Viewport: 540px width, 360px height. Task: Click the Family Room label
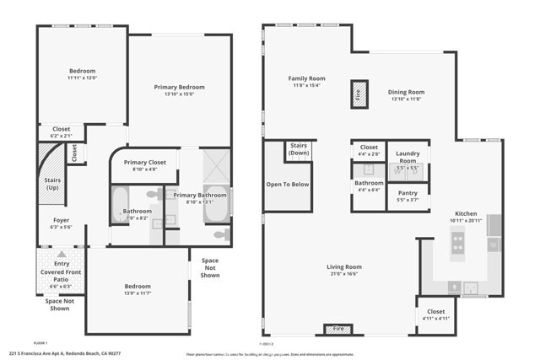tap(306, 78)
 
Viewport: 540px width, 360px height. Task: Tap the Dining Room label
tap(406, 92)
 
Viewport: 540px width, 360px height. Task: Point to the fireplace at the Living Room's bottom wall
tap(338, 329)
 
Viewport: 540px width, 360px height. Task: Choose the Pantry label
tap(408, 193)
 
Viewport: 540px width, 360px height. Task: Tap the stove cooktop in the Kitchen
tap(458, 243)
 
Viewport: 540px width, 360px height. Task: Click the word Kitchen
tap(467, 213)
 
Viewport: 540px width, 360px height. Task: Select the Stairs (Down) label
tap(299, 150)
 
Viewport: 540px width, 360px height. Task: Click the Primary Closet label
tap(145, 162)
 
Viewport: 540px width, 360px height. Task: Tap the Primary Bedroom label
tap(179, 87)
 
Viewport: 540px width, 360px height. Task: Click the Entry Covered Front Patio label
tap(62, 270)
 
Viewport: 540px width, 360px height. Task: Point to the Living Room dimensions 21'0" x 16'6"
tap(344, 274)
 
